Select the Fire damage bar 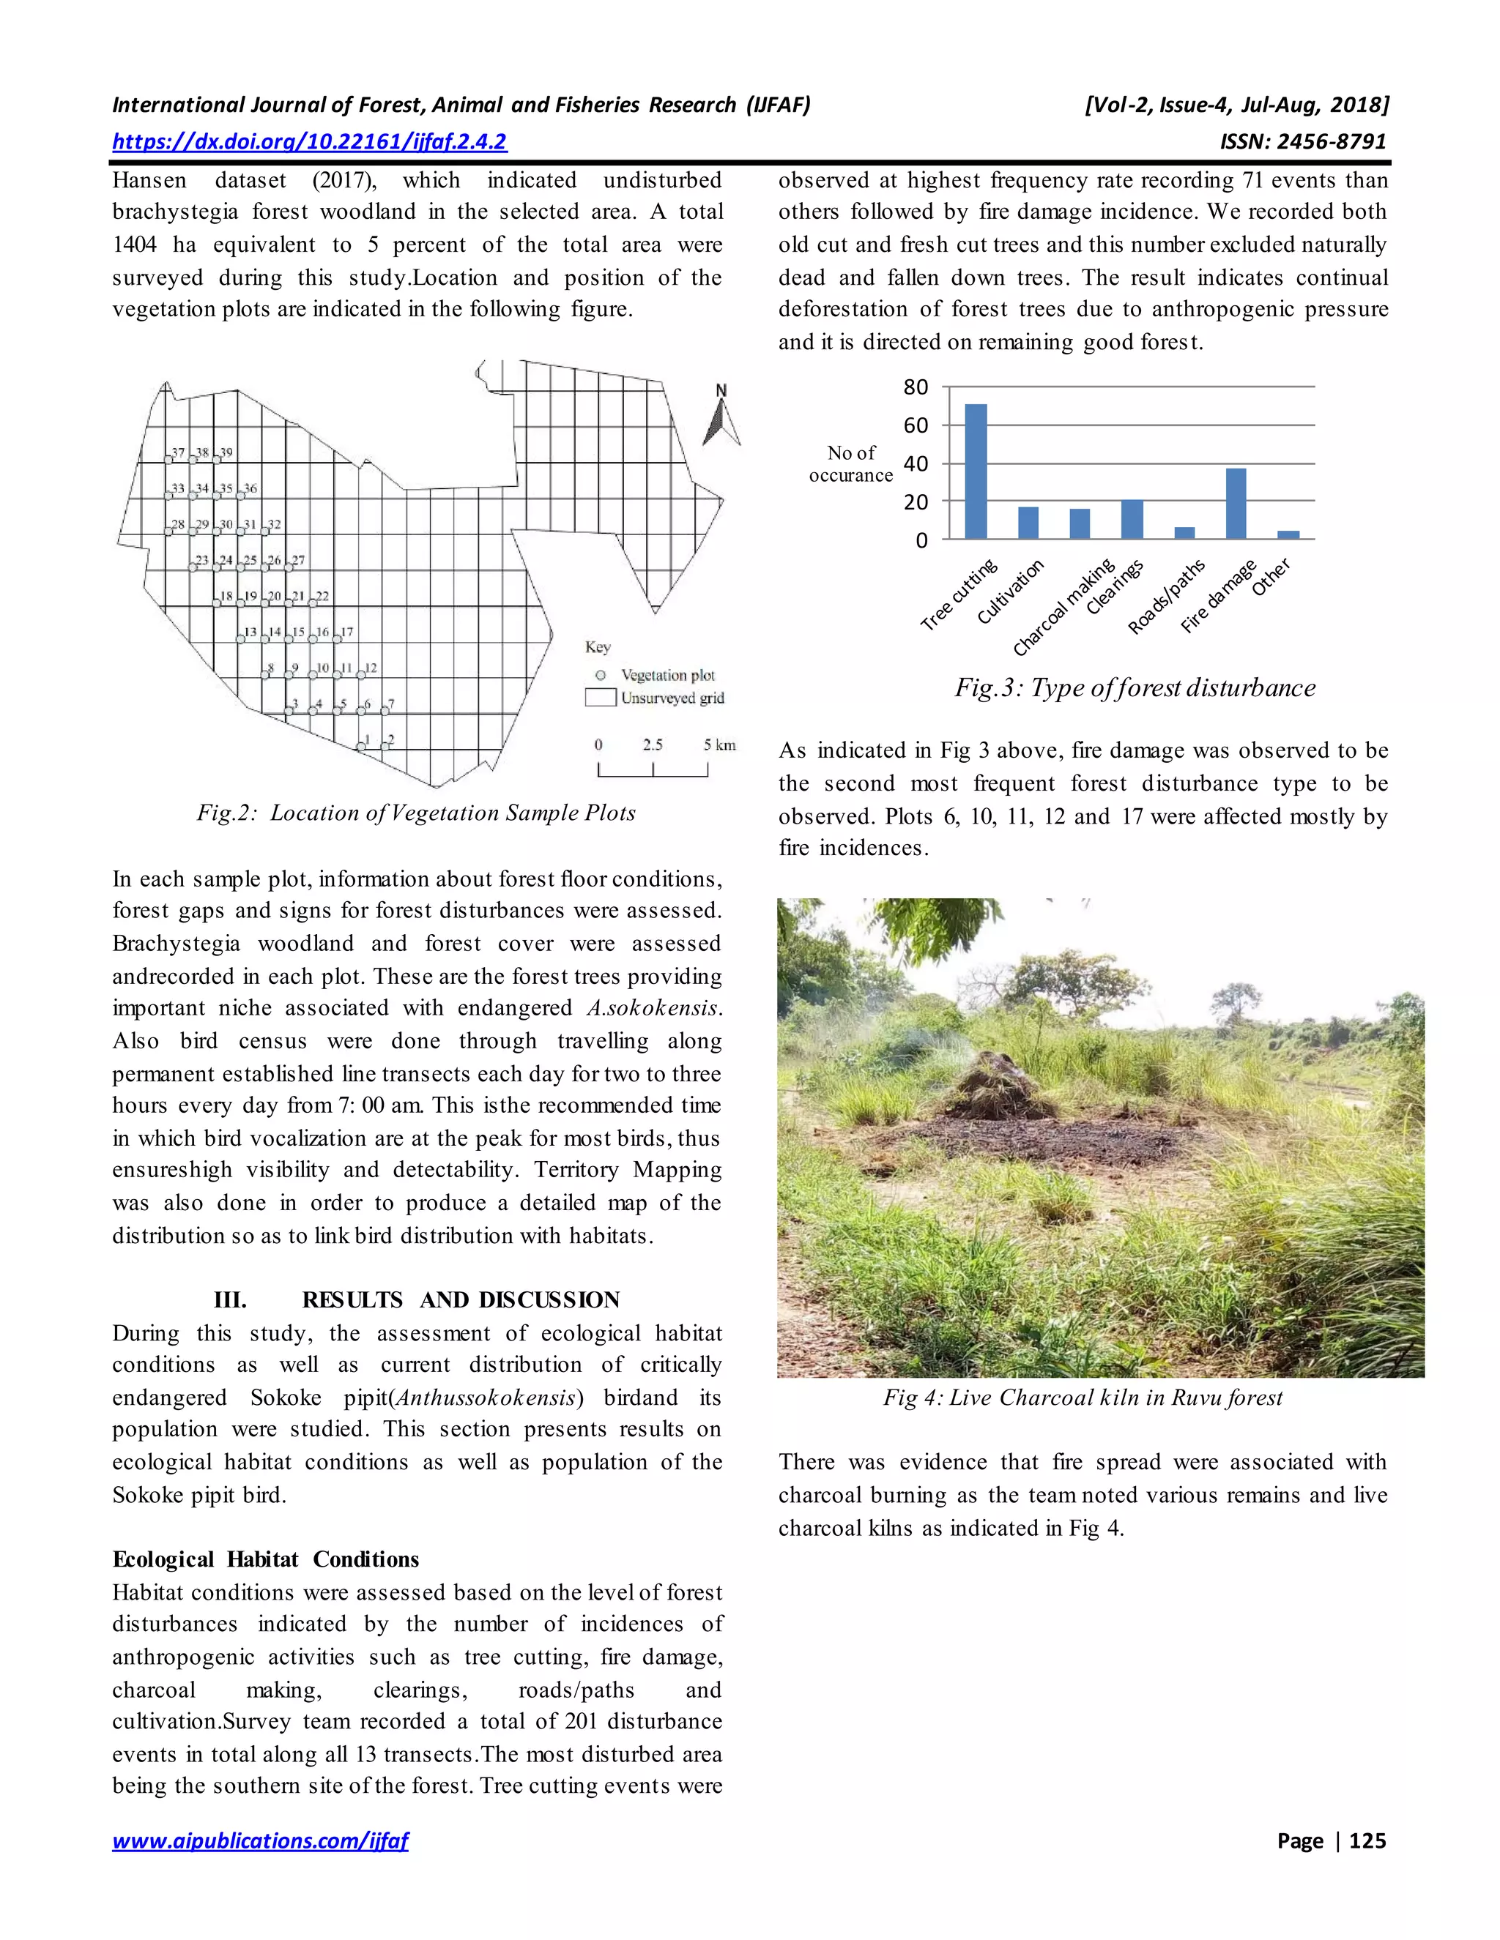click(x=1235, y=504)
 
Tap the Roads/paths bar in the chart click(x=1184, y=533)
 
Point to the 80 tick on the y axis click(x=916, y=387)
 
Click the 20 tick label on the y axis click(x=916, y=502)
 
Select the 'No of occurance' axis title click(x=850, y=463)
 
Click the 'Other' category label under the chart click(x=1271, y=578)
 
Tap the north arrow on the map click(x=721, y=417)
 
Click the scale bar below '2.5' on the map click(x=653, y=770)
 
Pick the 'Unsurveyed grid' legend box click(x=601, y=697)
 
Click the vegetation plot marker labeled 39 click(x=216, y=459)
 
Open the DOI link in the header click(x=309, y=141)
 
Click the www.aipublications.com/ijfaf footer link click(x=259, y=1840)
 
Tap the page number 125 click(x=1367, y=1840)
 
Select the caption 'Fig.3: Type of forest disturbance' click(x=1135, y=687)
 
